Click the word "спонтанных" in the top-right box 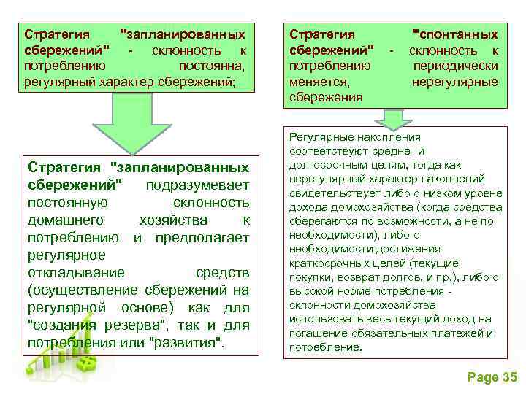(x=455, y=34)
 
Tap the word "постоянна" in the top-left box (x=211, y=66)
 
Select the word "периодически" (x=455, y=66)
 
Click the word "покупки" (x=310, y=277)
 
